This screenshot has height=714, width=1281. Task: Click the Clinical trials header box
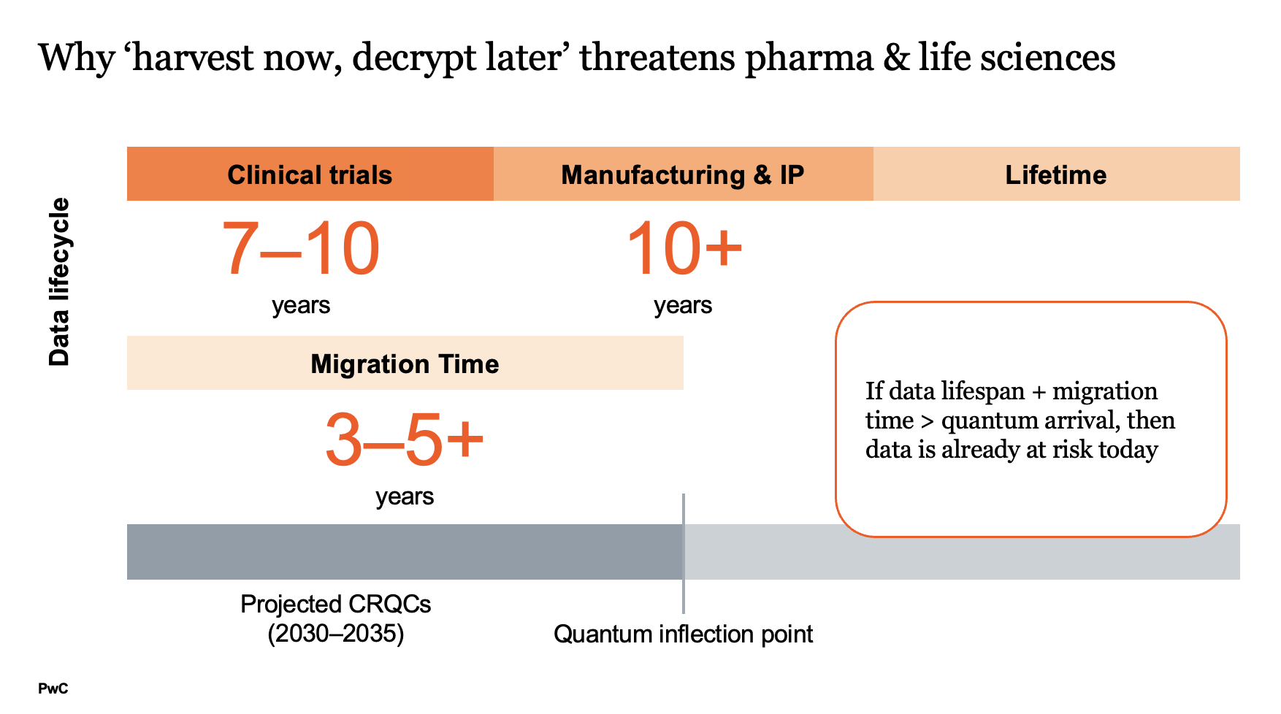[x=310, y=174]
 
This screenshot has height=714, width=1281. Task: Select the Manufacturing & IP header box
[x=682, y=174]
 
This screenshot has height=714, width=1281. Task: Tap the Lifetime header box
[x=1055, y=174]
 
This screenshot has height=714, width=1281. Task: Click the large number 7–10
[x=300, y=250]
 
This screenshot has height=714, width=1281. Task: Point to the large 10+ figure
[x=684, y=250]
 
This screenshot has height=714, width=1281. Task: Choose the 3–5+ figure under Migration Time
[x=404, y=440]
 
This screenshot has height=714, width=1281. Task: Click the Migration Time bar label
[x=405, y=364]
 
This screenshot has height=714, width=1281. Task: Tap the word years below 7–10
[x=301, y=305]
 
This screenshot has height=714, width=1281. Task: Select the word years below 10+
[x=683, y=305]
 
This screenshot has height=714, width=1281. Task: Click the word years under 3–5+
[x=405, y=496]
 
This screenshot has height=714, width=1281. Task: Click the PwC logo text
[x=53, y=688]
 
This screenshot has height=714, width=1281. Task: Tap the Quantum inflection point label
[x=683, y=634]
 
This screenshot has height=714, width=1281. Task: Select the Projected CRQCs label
[x=335, y=604]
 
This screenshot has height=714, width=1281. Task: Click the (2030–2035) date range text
[x=335, y=633]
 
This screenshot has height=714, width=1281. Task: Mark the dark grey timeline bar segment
[x=404, y=552]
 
